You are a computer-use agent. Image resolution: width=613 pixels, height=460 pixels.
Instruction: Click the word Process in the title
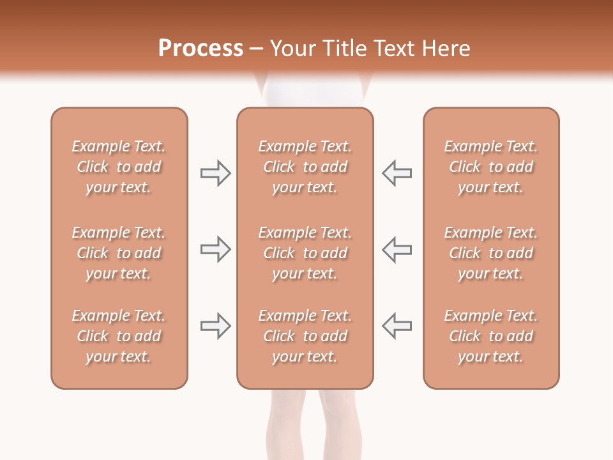[x=201, y=49]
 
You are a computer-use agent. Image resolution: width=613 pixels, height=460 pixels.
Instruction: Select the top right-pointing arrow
[x=215, y=173]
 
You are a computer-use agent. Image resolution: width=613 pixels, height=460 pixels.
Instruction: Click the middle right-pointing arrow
[x=215, y=249]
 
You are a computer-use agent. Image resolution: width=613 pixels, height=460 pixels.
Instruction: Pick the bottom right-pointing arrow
[x=215, y=325]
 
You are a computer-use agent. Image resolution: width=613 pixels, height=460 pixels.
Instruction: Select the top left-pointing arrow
[x=397, y=173]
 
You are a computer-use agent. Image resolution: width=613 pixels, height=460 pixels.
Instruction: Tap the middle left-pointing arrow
[x=397, y=249]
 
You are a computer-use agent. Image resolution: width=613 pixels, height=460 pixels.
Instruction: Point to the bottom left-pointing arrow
[x=397, y=325]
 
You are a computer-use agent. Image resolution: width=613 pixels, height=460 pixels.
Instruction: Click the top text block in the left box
[x=119, y=167]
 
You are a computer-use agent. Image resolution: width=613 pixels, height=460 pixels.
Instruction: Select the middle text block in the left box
[x=119, y=253]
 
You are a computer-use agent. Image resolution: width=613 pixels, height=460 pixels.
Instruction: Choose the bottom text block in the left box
[x=119, y=336]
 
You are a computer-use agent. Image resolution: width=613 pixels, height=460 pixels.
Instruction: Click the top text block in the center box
[x=305, y=167]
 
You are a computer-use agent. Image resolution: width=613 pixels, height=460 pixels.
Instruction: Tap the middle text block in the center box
[x=305, y=253]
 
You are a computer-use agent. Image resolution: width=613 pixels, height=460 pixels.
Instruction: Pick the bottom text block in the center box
[x=305, y=336]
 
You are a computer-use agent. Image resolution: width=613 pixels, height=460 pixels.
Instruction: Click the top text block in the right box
[x=490, y=167]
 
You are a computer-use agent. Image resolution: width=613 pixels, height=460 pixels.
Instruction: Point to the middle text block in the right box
[x=490, y=253]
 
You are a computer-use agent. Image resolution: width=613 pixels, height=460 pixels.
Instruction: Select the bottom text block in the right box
[x=490, y=336]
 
